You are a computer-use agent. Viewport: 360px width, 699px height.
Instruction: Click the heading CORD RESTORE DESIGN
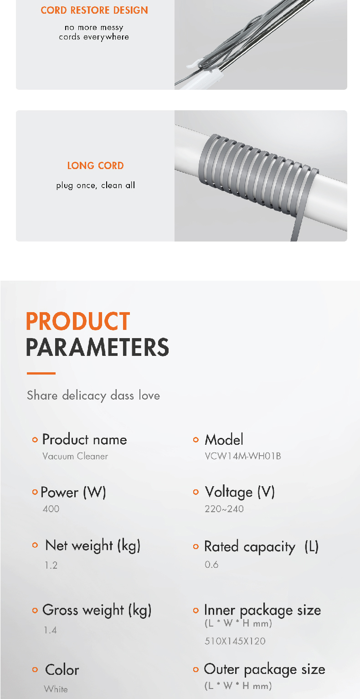coord(94,10)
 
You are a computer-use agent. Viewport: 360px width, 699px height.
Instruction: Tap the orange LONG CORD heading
coord(95,165)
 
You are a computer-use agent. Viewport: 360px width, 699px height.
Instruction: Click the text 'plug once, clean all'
coord(96,185)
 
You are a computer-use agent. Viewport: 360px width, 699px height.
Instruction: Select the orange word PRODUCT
coord(78,322)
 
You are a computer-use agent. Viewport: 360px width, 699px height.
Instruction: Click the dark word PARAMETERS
coord(98,348)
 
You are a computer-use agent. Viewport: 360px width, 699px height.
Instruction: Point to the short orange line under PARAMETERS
coord(41,373)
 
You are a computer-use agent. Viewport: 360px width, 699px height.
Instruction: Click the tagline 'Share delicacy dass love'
coord(93,395)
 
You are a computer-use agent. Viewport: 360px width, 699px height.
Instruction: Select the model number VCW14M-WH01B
coord(243,456)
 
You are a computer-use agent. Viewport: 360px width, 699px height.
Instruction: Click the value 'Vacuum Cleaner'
coord(75,456)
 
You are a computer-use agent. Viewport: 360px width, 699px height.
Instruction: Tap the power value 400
coord(51,509)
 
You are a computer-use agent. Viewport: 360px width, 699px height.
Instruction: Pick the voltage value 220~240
coord(224,509)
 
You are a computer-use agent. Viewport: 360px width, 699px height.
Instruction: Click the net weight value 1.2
coord(51,565)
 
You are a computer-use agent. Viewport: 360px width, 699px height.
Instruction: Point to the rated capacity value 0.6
coord(211,565)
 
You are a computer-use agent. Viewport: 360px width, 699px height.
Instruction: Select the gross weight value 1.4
coord(51,630)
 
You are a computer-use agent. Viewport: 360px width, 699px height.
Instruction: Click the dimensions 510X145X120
coord(235,641)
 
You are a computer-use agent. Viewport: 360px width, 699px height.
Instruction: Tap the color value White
coord(56,689)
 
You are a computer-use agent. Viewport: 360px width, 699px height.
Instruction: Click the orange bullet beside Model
coord(196,440)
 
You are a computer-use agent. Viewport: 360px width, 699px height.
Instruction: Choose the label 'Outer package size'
coord(264,669)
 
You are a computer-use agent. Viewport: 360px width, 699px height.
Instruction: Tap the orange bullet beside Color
coord(35,670)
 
